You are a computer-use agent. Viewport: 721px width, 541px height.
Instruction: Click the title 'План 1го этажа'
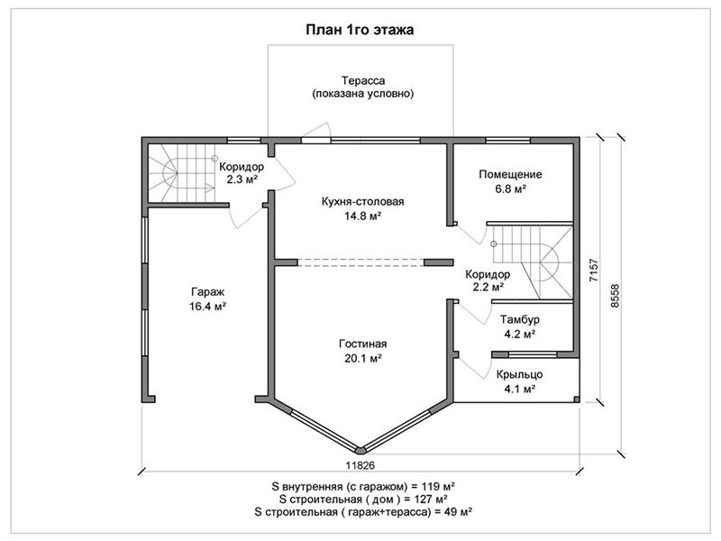(360, 30)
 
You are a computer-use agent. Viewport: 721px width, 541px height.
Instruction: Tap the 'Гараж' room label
(207, 292)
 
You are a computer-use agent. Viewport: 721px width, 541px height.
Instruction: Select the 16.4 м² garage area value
(207, 307)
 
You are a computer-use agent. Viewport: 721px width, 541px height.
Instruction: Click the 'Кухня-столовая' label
(363, 201)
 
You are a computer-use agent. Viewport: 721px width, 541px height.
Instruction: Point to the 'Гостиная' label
(363, 344)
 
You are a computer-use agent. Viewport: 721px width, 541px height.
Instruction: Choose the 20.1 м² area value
(363, 358)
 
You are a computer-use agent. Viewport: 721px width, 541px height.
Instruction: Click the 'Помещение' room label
(510, 174)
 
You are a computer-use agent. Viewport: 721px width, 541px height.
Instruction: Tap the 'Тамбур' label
(520, 319)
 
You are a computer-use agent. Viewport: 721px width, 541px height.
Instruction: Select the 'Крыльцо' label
(520, 374)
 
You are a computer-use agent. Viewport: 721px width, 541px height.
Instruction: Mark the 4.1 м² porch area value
(520, 390)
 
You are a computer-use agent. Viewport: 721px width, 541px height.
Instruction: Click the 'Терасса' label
(363, 81)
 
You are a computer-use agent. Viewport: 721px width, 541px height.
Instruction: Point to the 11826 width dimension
(360, 465)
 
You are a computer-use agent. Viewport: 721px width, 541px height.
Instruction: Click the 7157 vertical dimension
(594, 270)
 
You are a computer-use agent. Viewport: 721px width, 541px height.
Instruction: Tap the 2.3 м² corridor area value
(242, 179)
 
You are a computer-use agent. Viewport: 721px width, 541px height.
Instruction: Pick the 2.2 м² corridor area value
(488, 288)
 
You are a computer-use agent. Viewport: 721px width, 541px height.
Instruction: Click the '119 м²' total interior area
(438, 486)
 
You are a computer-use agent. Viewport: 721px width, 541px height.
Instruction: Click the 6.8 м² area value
(511, 189)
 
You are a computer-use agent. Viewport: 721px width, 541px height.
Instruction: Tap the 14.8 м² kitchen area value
(363, 215)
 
